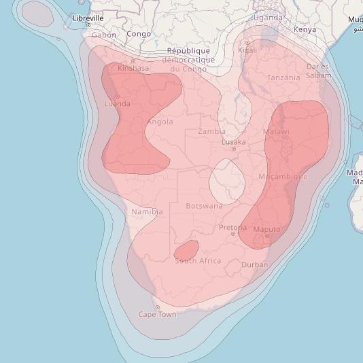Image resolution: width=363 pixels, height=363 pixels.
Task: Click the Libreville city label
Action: click(88, 18)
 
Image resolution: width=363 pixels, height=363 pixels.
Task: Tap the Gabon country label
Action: click(104, 35)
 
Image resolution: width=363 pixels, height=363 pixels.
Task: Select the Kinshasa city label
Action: click(133, 68)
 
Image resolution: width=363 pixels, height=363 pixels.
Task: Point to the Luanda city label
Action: click(118, 104)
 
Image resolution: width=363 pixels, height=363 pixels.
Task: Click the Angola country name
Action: click(160, 122)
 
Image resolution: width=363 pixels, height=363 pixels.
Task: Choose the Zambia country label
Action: click(212, 131)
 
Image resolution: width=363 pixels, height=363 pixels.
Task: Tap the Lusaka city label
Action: click(233, 142)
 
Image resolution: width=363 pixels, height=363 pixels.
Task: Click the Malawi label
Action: click(276, 131)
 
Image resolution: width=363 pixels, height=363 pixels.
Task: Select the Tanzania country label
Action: click(283, 77)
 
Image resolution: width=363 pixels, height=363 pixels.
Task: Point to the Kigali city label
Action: click(247, 50)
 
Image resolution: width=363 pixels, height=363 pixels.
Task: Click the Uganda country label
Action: click(268, 18)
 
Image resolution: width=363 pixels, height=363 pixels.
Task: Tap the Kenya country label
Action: click(305, 30)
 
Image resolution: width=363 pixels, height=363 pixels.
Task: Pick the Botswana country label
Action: click(204, 206)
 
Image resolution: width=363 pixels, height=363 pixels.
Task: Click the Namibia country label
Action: click(147, 212)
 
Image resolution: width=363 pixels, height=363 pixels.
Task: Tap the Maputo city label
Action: click(266, 229)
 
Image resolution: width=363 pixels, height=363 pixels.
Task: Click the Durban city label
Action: click(255, 264)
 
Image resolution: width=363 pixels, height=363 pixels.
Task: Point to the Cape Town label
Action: click(157, 314)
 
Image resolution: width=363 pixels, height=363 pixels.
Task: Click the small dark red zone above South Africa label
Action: click(186, 251)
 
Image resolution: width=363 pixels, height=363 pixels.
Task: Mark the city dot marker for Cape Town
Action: click(158, 307)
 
